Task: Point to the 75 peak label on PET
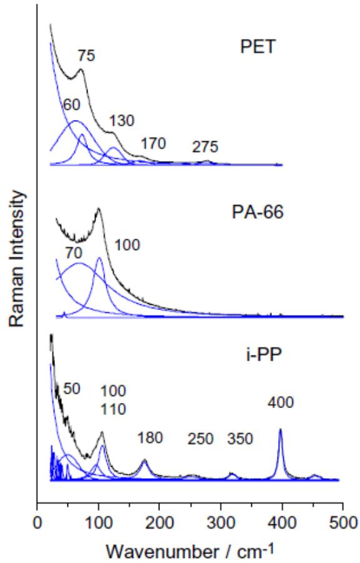(x=86, y=57)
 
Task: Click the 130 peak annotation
(x=122, y=121)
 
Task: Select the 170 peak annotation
(x=153, y=143)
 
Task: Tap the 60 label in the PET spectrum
(x=71, y=104)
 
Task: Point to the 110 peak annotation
(x=114, y=409)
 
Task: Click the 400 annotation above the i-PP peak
(x=280, y=404)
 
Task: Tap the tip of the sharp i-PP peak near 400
(x=280, y=429)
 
